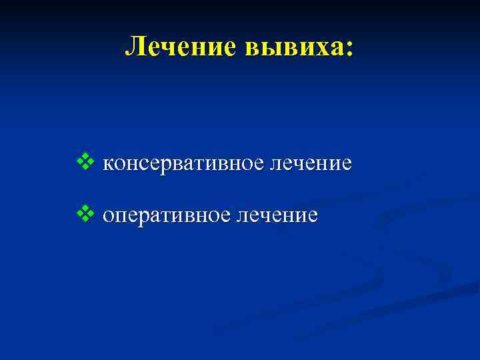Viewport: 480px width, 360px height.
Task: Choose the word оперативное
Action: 171,216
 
